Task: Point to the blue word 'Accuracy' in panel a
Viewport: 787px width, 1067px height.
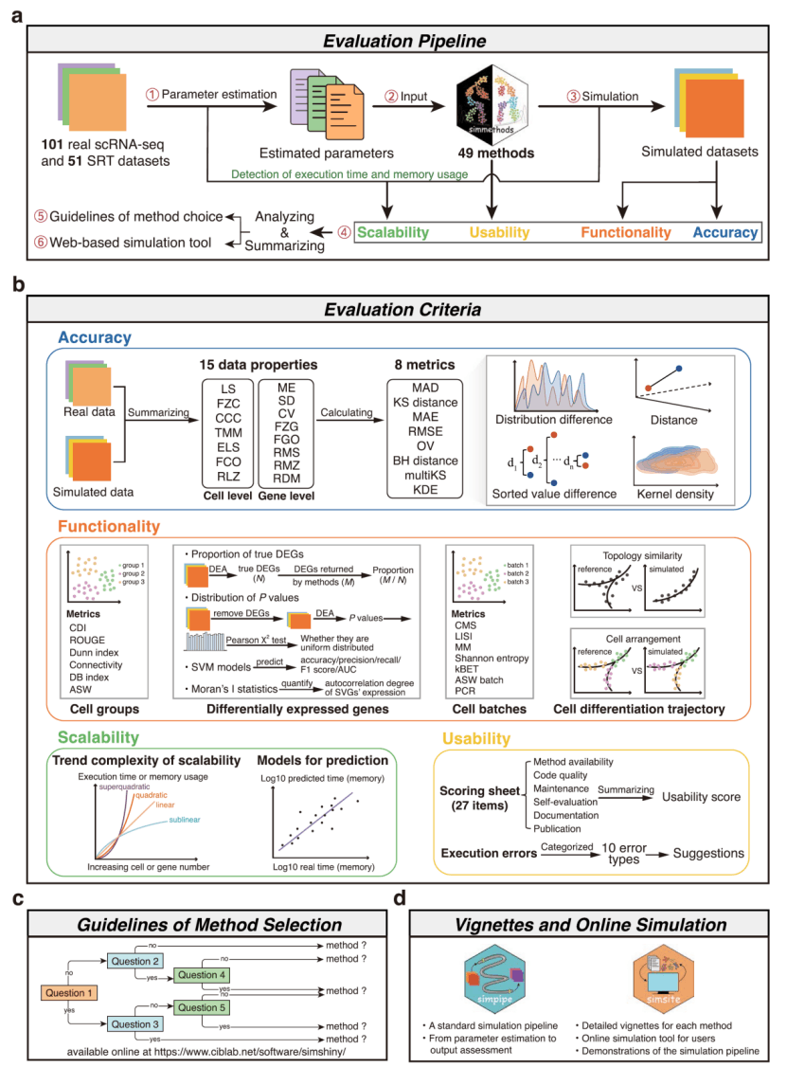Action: (x=724, y=232)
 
